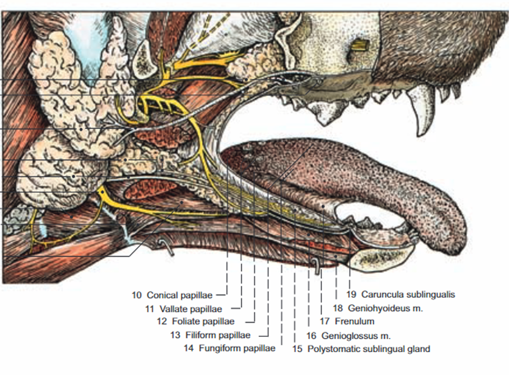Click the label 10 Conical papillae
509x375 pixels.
172,295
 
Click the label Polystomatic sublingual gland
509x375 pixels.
369,348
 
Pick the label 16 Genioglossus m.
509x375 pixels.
348,335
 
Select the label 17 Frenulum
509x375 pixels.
347,321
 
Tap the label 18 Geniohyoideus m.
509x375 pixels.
378,308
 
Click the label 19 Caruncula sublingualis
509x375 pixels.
400,295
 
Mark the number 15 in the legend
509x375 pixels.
298,348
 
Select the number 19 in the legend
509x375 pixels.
352,295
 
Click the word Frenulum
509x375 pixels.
354,321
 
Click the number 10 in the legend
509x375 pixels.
136,295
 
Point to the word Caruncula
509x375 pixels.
382,295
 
